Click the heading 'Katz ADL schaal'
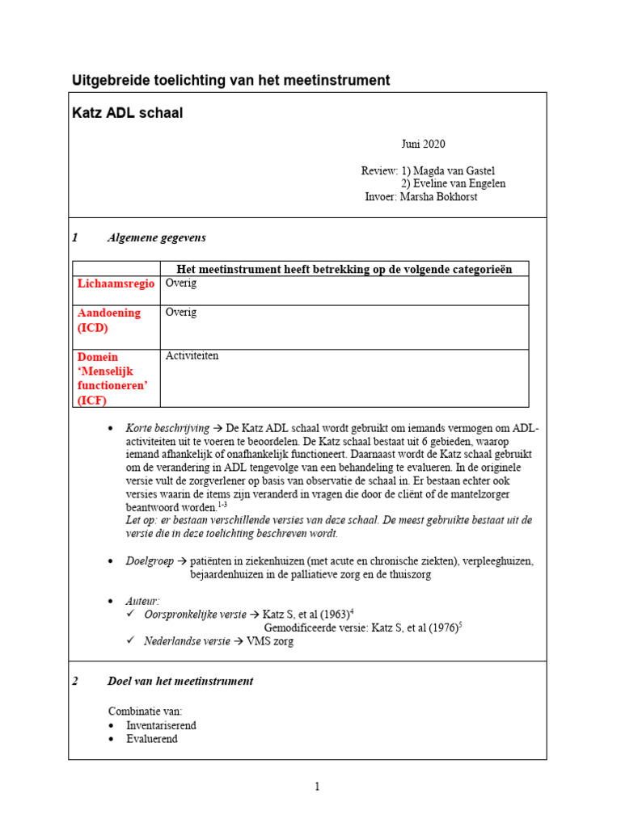pyautogui.click(x=128, y=113)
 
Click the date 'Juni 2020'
pyautogui.click(x=423, y=145)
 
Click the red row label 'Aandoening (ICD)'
pyautogui.click(x=108, y=320)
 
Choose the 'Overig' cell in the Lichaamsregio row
pyautogui.click(x=181, y=283)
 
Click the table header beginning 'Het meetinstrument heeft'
pyautogui.click(x=344, y=269)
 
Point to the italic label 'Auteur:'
pyautogui.click(x=142, y=602)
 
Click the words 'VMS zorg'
pyautogui.click(x=271, y=641)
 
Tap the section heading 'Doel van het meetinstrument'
pyautogui.click(x=180, y=681)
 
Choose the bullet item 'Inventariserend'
pyautogui.click(x=161, y=725)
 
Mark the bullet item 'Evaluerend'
pyautogui.click(x=151, y=738)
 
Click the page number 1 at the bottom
pyautogui.click(x=318, y=787)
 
